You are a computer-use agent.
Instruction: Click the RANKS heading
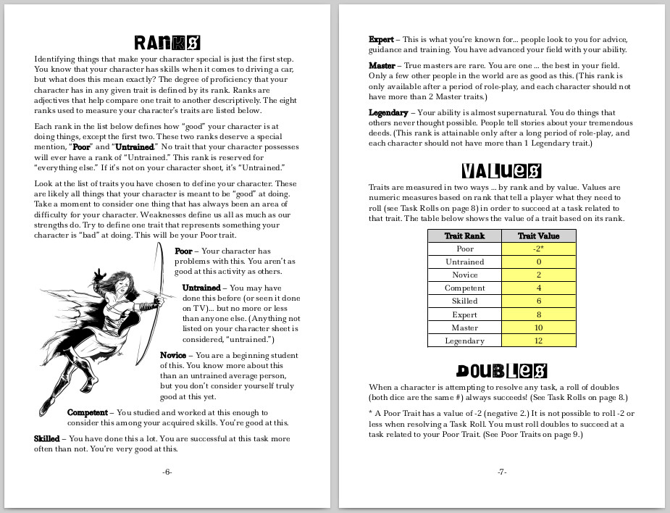pyautogui.click(x=167, y=42)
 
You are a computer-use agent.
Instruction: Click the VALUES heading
pyautogui.click(x=501, y=171)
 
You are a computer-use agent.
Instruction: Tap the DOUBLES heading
pyautogui.click(x=501, y=371)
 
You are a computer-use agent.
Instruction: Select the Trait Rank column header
pyautogui.click(x=464, y=235)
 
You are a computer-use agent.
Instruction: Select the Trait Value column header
pyautogui.click(x=539, y=235)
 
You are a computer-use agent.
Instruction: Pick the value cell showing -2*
pyautogui.click(x=539, y=249)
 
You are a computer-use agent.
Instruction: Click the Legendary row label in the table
pyautogui.click(x=464, y=341)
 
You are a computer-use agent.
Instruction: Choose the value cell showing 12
pyautogui.click(x=539, y=341)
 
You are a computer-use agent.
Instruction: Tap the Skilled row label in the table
pyautogui.click(x=464, y=301)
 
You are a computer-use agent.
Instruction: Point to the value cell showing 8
pyautogui.click(x=539, y=314)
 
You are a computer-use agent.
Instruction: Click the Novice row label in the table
pyautogui.click(x=464, y=275)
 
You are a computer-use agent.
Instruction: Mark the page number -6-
pyautogui.click(x=167, y=472)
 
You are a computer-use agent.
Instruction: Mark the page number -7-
pyautogui.click(x=501, y=472)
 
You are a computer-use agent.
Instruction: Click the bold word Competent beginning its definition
pyautogui.click(x=88, y=412)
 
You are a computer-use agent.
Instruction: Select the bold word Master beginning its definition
pyautogui.click(x=382, y=65)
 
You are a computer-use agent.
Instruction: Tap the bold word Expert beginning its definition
pyautogui.click(x=381, y=39)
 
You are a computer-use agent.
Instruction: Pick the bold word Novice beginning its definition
pyautogui.click(x=175, y=355)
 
